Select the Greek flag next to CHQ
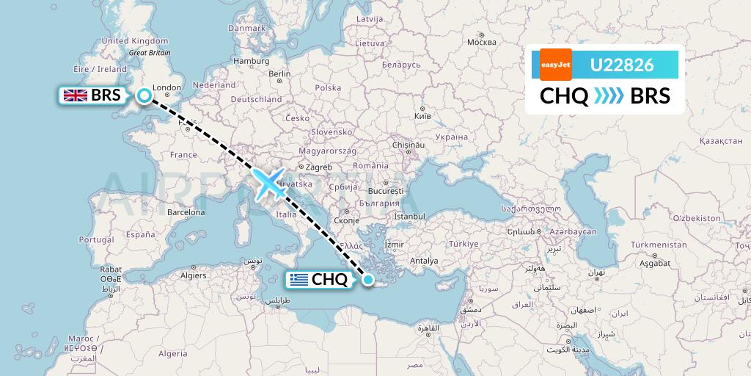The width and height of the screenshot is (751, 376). coord(298,279)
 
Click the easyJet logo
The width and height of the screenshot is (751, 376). coord(555,65)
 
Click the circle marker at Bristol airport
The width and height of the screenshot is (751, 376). coord(144,95)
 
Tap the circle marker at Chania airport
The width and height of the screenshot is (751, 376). coord(368,279)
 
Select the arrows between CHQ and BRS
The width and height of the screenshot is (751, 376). coord(609,95)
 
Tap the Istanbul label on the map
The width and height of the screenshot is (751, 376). coord(409,217)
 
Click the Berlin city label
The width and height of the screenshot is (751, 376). coord(280,73)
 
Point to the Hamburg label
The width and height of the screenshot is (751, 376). coord(252,61)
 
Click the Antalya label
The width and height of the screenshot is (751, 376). coord(424,261)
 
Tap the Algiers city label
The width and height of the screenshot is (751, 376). coord(194,276)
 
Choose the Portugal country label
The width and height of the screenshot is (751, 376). coord(97,239)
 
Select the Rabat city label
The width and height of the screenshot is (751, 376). coord(111,269)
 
